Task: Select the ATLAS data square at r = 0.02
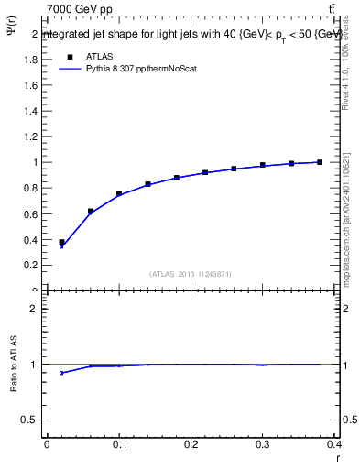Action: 61,242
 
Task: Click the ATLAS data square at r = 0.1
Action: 119,193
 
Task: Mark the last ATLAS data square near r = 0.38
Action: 320,162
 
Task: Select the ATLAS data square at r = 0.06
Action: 91,211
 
